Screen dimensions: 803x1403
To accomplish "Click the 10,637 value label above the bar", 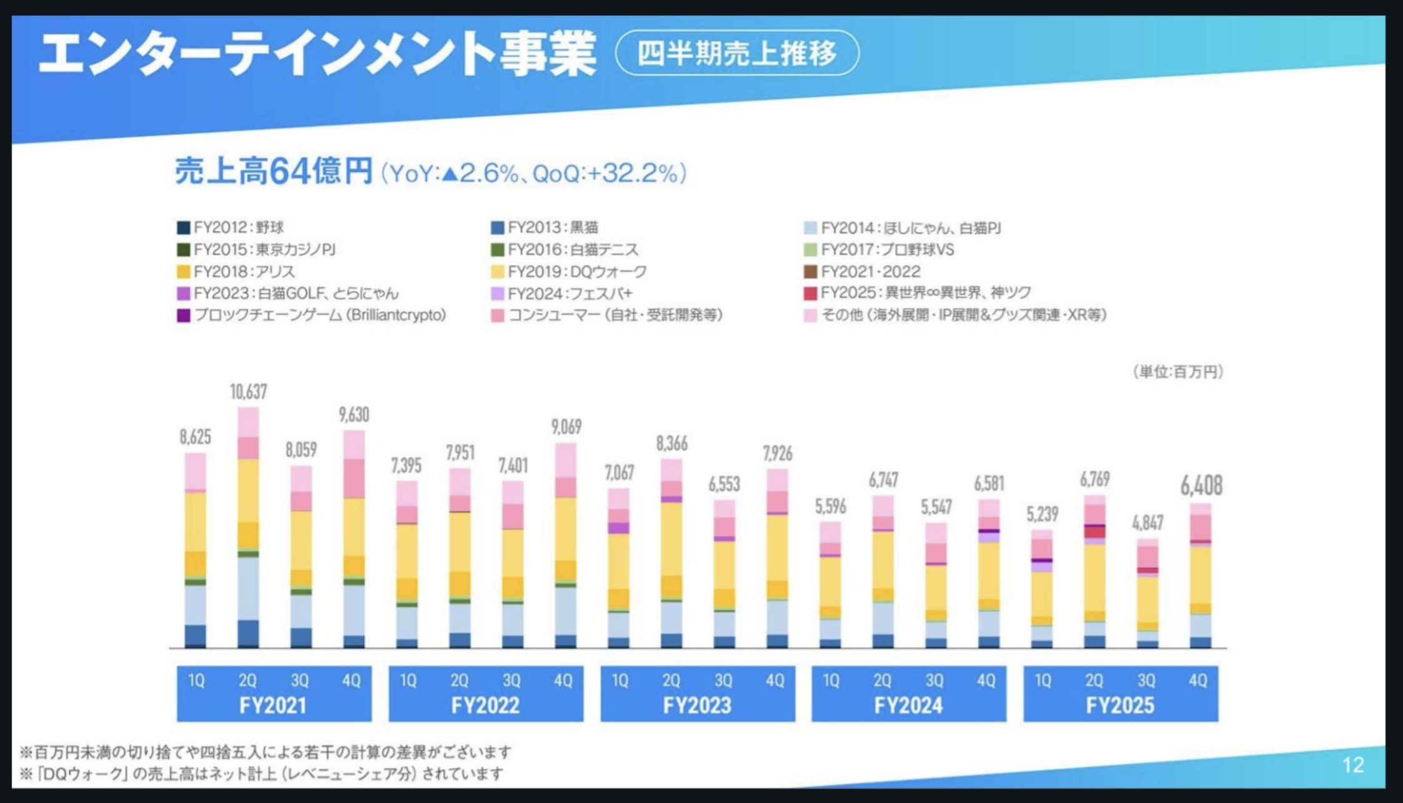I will (248, 392).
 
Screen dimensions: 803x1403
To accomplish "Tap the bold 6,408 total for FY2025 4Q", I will (1201, 486).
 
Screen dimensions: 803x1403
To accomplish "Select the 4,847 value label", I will (1148, 522).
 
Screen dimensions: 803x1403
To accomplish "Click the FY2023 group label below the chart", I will (697, 706).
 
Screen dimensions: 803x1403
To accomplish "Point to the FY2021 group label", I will (273, 706).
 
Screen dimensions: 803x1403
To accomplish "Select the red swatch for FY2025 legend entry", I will (810, 293).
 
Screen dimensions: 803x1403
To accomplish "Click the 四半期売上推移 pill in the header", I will (737, 53).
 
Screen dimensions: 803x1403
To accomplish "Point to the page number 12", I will (1352, 765).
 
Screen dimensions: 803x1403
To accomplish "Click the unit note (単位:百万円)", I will (1177, 372).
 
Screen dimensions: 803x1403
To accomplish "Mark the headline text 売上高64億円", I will (274, 171).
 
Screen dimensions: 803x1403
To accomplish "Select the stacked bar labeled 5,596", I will (830, 585).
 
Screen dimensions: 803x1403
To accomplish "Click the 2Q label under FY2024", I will (882, 680).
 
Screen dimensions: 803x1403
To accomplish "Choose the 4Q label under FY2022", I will (563, 680).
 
